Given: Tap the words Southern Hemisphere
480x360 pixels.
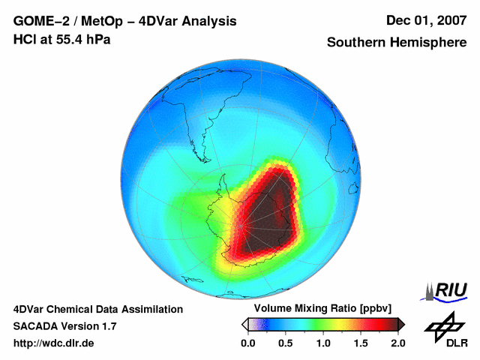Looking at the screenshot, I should point(396,43).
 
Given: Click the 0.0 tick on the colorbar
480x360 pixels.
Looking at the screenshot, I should point(248,343).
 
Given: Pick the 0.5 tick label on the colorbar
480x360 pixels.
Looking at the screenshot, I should point(286,343).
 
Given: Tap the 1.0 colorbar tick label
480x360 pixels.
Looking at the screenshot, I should point(323,343).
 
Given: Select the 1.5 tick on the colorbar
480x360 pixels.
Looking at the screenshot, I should point(361,343).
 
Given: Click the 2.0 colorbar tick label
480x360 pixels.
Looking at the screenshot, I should point(398,343).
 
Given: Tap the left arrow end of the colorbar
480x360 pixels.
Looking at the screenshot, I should point(244,324).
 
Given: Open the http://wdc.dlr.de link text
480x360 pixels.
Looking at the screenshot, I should point(54,343).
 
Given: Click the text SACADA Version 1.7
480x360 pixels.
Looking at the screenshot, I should point(64,326).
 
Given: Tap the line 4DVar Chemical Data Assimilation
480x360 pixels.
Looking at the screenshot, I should point(97,309).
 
